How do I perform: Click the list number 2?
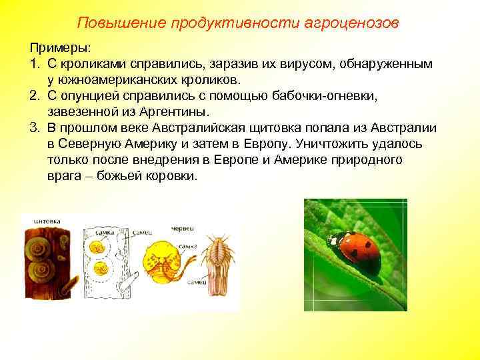click(34, 96)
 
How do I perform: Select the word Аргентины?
click(173, 112)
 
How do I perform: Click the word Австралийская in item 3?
click(220, 128)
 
